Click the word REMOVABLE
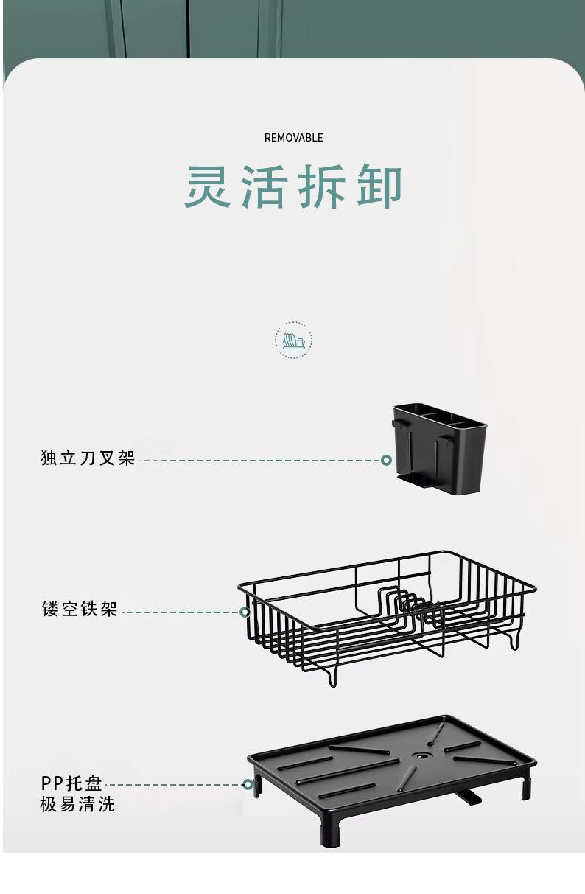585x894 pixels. [x=293, y=138]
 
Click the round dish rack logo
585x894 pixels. [x=293, y=341]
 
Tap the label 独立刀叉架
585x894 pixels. [x=88, y=458]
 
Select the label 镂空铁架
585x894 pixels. [x=80, y=610]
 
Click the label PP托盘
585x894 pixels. [x=71, y=783]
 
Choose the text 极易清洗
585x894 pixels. [x=77, y=804]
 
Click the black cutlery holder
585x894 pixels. [x=440, y=447]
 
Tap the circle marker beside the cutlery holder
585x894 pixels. [x=386, y=460]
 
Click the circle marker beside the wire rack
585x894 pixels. [x=245, y=612]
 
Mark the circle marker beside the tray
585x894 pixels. [x=248, y=785]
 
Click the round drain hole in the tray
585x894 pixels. [x=421, y=756]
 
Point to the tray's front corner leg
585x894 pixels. [x=330, y=831]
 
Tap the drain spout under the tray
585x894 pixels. [x=468, y=797]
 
